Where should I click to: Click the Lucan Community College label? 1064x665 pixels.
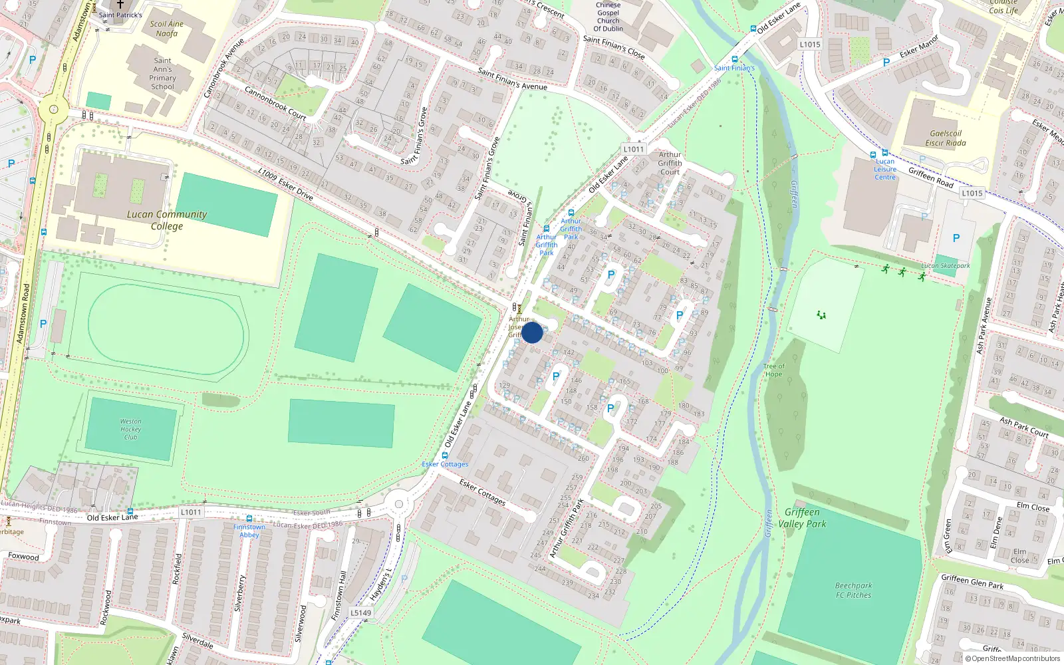166,220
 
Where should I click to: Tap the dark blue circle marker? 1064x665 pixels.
532,332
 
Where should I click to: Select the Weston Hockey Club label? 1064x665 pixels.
130,429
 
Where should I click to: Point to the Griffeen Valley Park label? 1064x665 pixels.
802,518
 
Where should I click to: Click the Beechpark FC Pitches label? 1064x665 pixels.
853,591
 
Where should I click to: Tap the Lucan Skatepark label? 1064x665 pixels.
945,266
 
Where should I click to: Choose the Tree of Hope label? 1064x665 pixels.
773,370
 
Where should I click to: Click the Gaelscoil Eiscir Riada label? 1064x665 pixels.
945,138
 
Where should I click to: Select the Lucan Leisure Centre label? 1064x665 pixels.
884,169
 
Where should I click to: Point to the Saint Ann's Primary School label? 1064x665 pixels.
162,73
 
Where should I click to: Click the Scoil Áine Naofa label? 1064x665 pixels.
166,29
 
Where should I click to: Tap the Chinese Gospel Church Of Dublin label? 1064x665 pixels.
608,17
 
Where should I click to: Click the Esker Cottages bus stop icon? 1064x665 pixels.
445,456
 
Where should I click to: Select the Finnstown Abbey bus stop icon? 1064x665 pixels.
249,519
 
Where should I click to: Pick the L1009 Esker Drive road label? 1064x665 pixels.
285,184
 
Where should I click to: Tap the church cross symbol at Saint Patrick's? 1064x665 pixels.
120,4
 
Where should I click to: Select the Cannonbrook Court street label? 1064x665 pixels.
275,103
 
